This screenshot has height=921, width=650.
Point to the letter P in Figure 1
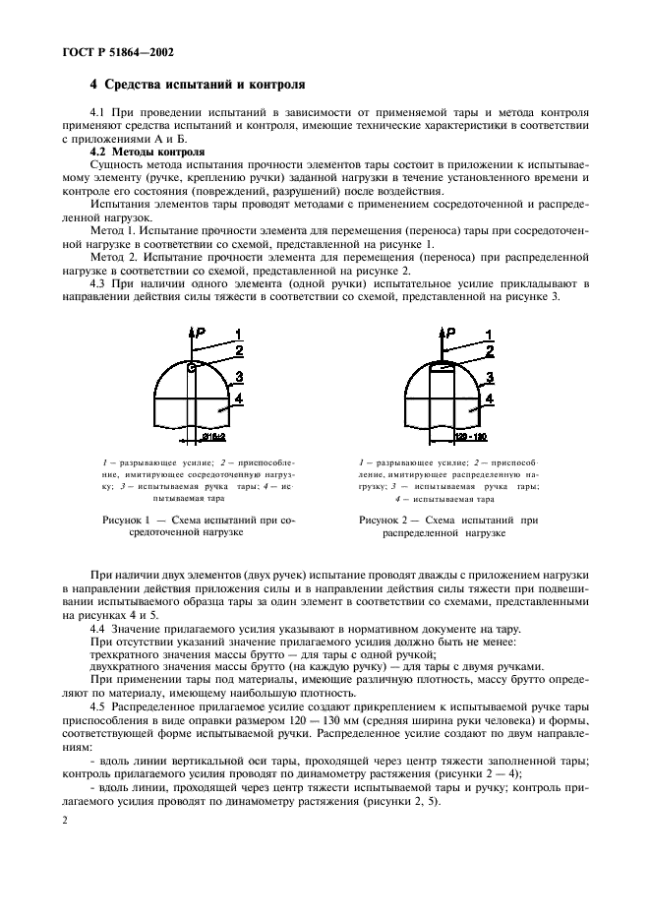[x=200, y=337]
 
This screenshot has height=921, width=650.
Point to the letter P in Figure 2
[x=451, y=337]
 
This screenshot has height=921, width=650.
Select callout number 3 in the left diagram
[x=239, y=376]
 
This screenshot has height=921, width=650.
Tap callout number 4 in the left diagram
[x=238, y=398]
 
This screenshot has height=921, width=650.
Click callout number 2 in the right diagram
[x=490, y=349]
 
